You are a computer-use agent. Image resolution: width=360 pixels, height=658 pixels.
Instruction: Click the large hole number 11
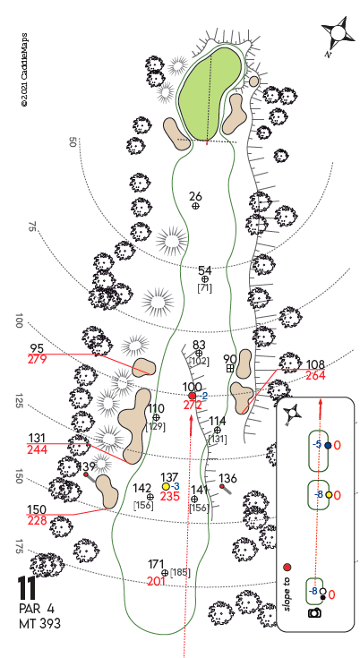point(27,588)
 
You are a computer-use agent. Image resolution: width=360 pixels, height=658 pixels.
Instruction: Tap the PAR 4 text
point(37,609)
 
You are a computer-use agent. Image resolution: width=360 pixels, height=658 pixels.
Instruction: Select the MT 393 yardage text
point(39,624)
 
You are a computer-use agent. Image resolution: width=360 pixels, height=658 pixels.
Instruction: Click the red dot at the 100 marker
point(193,396)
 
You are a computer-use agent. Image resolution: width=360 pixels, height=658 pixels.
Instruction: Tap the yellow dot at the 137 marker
point(166,486)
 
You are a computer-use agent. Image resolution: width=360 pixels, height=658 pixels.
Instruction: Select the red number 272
point(193,406)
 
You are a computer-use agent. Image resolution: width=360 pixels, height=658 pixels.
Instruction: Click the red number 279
point(37,360)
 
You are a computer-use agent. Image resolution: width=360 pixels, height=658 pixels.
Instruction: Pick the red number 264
point(315,376)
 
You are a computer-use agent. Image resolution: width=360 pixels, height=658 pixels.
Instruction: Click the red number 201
point(156,581)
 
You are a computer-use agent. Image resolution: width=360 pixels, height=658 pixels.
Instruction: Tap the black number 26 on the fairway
point(195,196)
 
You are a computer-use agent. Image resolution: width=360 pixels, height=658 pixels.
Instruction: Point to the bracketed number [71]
point(205,288)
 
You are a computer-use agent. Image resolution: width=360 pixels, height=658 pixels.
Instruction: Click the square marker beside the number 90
point(230,369)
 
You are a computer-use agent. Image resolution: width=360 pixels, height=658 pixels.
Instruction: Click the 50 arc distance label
point(72,141)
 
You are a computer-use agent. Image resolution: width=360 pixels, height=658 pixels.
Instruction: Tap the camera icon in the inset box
point(314,612)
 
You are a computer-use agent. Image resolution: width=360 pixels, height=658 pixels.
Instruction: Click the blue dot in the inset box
point(328,446)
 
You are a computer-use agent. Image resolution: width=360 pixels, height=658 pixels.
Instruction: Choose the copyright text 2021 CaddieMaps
point(24,69)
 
